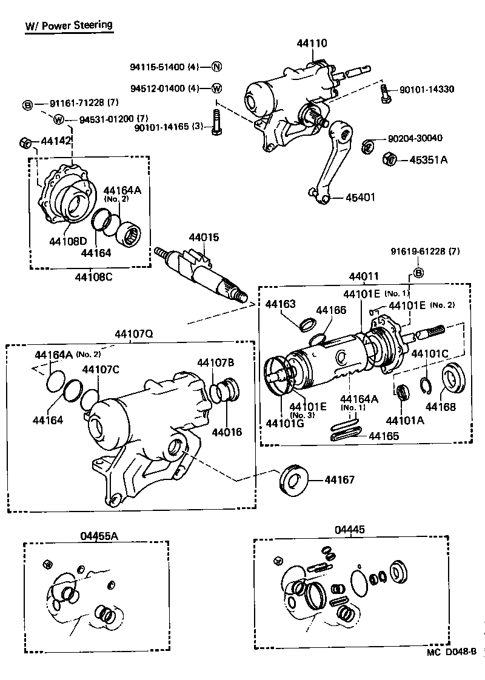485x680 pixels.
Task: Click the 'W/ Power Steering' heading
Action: (69, 25)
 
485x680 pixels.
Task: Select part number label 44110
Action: (312, 43)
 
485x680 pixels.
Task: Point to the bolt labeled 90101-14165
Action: (215, 122)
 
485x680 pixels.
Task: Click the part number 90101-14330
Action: (427, 90)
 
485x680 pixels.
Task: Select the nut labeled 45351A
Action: (390, 160)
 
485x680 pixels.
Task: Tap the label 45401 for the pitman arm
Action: (360, 198)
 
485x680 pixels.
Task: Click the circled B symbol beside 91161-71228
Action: (27, 105)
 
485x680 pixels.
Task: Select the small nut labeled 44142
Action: (25, 143)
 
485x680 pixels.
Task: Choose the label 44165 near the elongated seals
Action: (383, 436)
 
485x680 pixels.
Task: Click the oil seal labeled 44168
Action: (451, 379)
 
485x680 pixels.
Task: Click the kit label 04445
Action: (349, 529)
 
